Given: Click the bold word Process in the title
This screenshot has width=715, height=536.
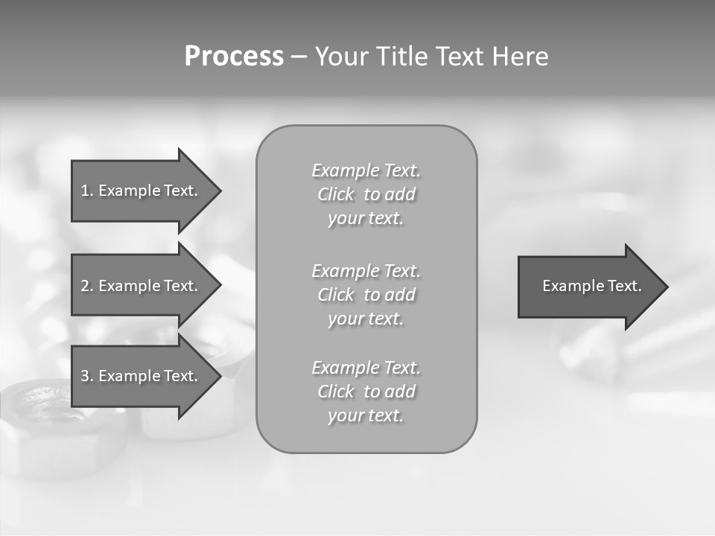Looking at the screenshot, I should point(234,57).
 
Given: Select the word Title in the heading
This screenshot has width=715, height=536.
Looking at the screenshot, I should point(403,57).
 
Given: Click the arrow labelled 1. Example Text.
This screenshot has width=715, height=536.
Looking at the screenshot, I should point(142,191).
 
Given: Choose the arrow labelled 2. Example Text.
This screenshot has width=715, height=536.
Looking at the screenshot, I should point(142,286).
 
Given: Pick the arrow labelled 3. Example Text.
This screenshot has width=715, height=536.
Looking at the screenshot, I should point(142,376).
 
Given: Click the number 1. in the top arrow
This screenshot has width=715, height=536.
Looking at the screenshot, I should point(87,191).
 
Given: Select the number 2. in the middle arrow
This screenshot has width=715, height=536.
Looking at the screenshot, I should point(87,286).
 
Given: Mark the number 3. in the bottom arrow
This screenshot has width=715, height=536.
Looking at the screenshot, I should point(87,376).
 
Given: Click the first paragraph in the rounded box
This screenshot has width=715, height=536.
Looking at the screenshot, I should point(366,194).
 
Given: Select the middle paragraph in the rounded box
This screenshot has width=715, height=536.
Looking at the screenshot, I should point(366,295).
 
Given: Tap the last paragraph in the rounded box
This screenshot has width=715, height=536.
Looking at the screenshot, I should point(366,392).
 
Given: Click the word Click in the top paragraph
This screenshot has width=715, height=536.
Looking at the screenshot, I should point(336,195).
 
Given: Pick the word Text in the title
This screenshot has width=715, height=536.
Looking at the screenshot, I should point(460,57).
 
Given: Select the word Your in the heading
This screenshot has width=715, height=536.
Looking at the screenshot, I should point(342,57).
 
